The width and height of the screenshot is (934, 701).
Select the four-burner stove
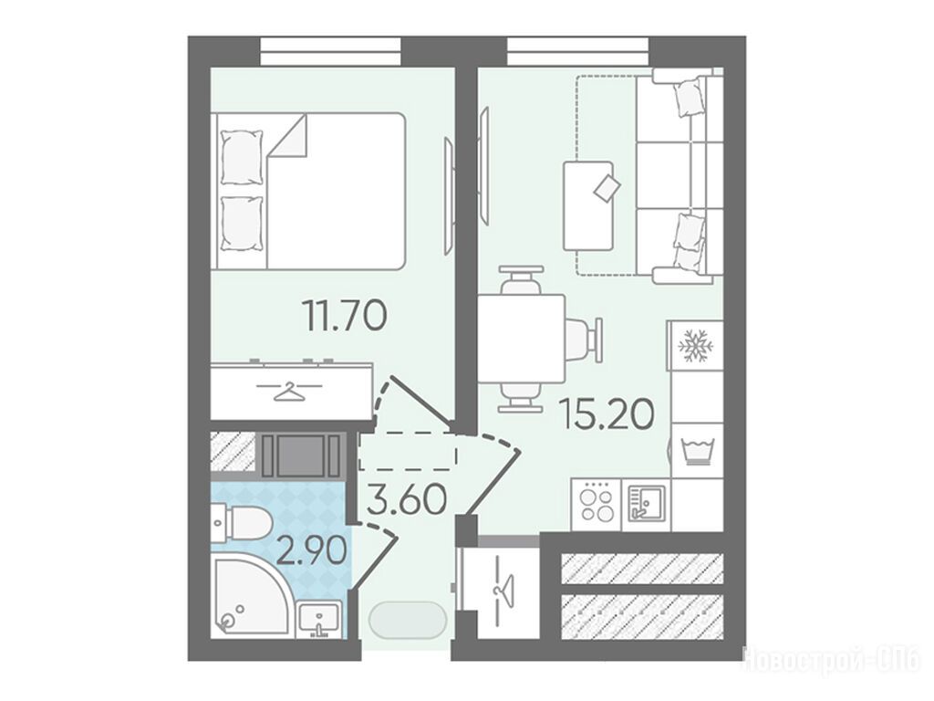tap(597, 504)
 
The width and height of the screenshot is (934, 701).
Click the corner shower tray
tap(250, 595)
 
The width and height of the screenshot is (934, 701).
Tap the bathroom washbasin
tap(320, 620)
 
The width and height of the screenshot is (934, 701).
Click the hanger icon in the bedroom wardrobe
tap(289, 391)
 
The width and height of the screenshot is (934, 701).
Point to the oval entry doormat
tap(408, 620)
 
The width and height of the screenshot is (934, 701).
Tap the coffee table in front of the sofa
tap(588, 205)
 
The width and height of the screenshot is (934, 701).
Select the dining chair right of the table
tap(584, 340)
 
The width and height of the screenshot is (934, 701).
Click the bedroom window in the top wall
tap(330, 52)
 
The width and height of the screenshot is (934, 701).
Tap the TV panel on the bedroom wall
tap(449, 197)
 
